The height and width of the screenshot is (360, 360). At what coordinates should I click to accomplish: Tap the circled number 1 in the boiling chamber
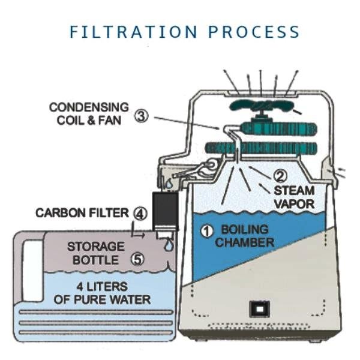click(x=207, y=230)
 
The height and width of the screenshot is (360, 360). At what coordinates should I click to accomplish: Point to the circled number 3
click(x=140, y=116)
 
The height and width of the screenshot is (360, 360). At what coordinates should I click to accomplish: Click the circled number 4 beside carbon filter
click(x=139, y=213)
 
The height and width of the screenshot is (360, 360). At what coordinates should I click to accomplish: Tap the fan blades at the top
click(x=261, y=108)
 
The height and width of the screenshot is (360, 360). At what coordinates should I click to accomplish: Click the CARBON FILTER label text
click(x=82, y=213)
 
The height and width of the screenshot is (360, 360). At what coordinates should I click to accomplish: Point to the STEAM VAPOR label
click(x=294, y=197)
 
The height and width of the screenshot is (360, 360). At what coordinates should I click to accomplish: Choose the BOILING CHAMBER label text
click(x=244, y=236)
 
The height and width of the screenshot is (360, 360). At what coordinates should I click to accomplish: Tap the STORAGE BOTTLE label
click(x=95, y=253)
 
